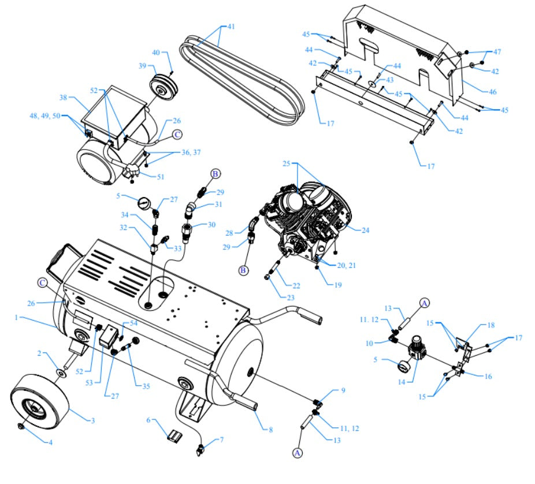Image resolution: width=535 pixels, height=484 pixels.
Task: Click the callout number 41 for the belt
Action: pyautogui.click(x=231, y=27)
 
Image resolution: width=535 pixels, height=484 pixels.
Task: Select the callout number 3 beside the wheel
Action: pyautogui.click(x=92, y=420)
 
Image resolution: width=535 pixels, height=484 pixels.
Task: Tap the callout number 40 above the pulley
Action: pyautogui.click(x=155, y=53)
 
